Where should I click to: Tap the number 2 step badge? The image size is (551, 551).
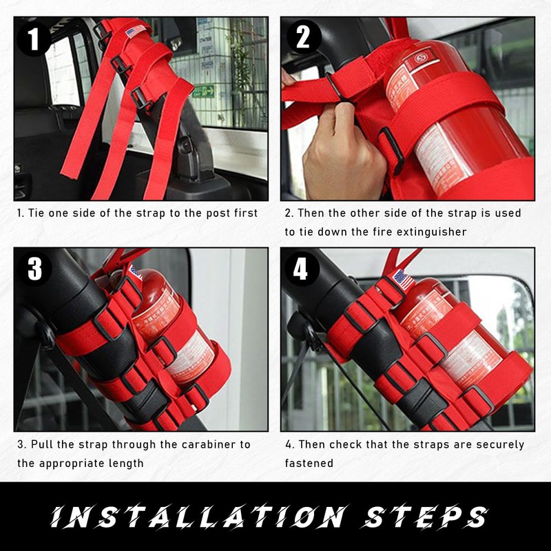click(x=303, y=37)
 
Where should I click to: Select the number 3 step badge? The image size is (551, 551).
click(x=35, y=269)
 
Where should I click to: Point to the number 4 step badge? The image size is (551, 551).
click(x=301, y=269)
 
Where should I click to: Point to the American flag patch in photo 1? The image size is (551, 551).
click(x=136, y=32)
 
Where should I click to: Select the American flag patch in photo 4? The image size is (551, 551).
click(x=402, y=280)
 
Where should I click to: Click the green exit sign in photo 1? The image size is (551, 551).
click(x=203, y=91)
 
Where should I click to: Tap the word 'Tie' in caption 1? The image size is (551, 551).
click(x=39, y=214)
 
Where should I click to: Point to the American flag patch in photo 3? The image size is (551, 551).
click(x=135, y=271)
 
